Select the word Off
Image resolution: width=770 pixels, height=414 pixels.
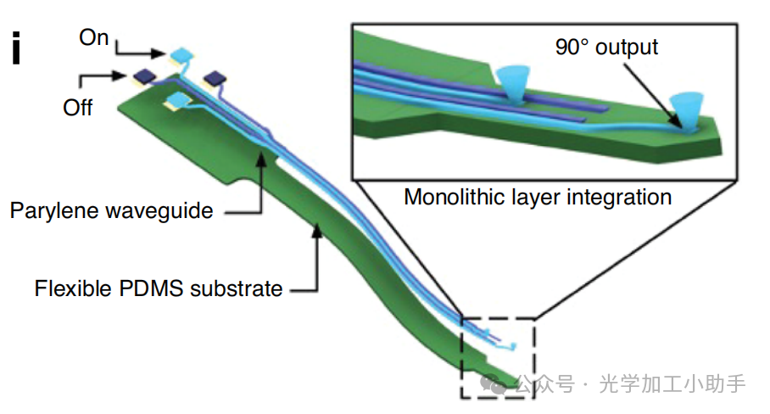(x=77, y=108)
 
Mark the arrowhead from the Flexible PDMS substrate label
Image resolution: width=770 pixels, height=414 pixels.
(x=316, y=224)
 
